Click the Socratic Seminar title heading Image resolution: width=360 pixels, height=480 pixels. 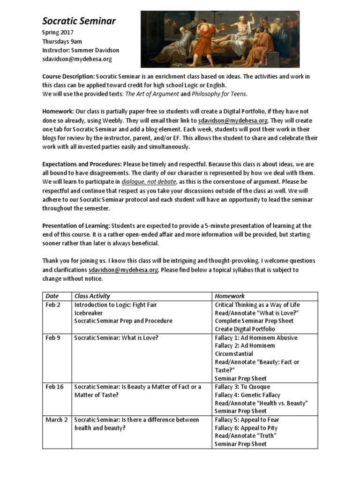[x=79, y=21]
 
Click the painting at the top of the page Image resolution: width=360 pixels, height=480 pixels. [x=220, y=39]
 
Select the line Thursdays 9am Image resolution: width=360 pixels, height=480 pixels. [x=62, y=41]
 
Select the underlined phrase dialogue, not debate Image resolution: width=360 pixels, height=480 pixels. [x=149, y=181]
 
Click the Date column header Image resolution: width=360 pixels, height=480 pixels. [x=52, y=296]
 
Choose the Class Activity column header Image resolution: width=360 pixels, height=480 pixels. [x=92, y=296]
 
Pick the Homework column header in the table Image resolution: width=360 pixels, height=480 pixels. [x=230, y=296]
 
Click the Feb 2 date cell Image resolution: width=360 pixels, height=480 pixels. [x=53, y=305]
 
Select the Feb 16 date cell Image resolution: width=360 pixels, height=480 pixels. [x=54, y=387]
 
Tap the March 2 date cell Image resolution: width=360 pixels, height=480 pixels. [x=56, y=420]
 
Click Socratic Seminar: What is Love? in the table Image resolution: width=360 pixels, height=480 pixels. [x=116, y=337]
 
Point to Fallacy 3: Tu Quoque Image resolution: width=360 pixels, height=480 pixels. [x=242, y=387]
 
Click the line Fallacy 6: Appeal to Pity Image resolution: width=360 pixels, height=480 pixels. [x=246, y=427]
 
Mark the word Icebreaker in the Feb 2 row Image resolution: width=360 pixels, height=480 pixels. [x=89, y=313]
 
